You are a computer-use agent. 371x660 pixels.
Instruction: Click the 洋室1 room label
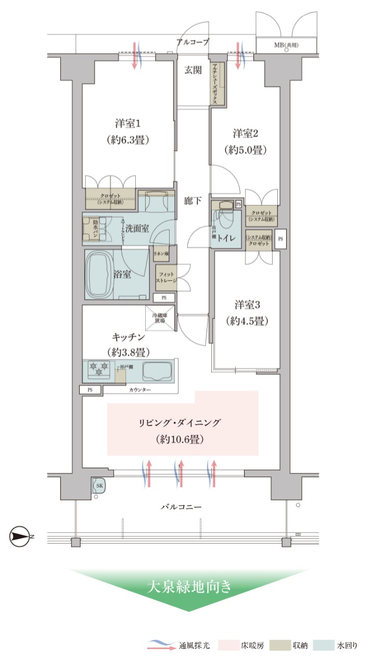pos(129,124)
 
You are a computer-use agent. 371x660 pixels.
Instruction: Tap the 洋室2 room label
pos(246,134)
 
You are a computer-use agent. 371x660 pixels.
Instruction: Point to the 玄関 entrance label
pos(193,70)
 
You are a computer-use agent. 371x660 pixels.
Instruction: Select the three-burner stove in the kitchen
pos(98,370)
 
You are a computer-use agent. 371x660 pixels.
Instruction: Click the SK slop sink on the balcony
pos(98,486)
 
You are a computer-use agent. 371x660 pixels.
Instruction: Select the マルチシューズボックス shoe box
pos(217,83)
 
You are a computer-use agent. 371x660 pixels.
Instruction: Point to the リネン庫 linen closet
pos(161,253)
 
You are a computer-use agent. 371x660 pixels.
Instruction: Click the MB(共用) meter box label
pos(286,45)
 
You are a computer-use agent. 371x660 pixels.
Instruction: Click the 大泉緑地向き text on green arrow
pos(188,587)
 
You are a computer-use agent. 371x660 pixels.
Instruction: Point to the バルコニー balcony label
pos(181,506)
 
